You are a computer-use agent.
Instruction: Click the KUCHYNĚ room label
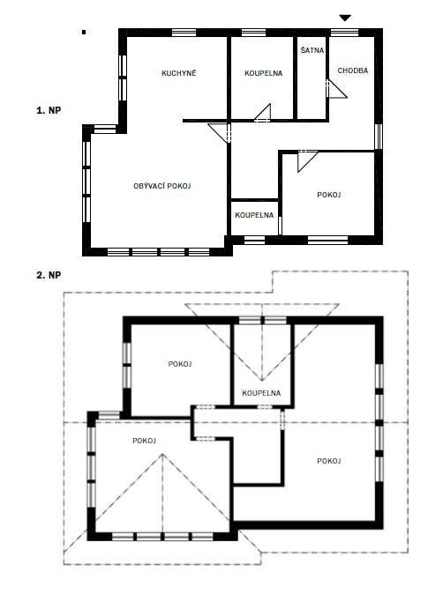[179, 73]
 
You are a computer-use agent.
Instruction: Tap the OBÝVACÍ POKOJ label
[162, 186]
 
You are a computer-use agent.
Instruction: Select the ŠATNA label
[312, 49]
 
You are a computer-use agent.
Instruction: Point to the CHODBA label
[352, 71]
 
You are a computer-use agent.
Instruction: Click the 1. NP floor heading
[49, 110]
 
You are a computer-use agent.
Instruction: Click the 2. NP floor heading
[49, 275]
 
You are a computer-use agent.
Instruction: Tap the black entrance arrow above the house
[345, 18]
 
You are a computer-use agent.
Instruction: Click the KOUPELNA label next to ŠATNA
[263, 73]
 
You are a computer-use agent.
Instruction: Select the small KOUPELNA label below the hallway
[254, 215]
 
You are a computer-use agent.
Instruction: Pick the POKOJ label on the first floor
[329, 195]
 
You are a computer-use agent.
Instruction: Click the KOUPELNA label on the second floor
[261, 393]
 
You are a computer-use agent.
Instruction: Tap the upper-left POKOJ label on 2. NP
[180, 364]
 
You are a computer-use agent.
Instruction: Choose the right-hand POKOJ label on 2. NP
[329, 461]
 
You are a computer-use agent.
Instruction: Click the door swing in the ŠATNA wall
[336, 89]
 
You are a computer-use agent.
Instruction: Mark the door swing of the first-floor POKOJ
[307, 160]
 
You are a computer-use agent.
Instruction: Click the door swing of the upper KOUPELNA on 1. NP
[263, 113]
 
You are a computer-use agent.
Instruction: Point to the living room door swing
[220, 133]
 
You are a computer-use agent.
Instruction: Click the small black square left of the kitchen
[84, 33]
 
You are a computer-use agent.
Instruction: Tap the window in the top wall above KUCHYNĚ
[184, 33]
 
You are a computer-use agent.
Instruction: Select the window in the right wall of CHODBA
[379, 136]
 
